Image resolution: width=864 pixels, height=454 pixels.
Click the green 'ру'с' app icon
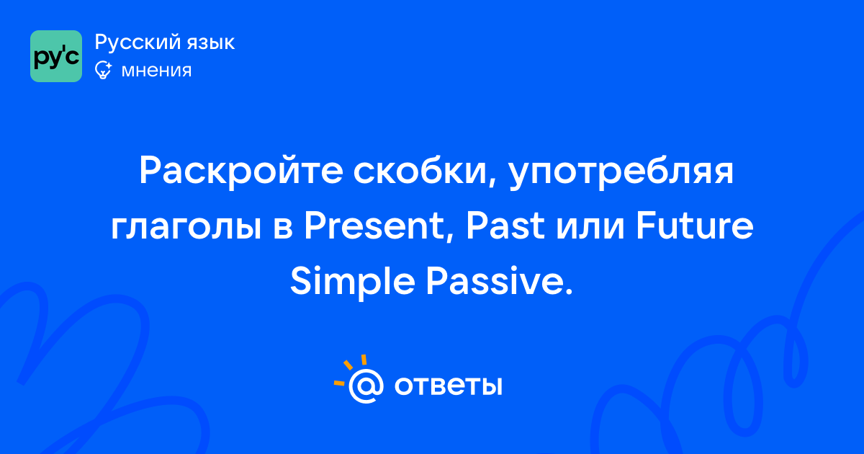click(56, 56)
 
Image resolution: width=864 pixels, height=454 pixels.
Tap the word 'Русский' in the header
click(138, 42)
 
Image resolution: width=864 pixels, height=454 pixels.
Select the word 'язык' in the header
click(211, 43)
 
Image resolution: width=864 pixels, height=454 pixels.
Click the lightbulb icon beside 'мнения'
click(103, 70)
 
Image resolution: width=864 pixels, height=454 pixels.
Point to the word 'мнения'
click(156, 71)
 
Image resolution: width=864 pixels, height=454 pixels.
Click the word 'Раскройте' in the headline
click(241, 171)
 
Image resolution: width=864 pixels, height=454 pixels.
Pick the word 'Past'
click(505, 226)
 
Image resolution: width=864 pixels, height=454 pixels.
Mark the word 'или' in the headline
click(590, 228)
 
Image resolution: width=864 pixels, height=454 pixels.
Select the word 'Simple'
click(353, 283)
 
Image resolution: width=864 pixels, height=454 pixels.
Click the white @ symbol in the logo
click(366, 386)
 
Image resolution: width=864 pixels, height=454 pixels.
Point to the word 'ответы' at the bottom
click(448, 386)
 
